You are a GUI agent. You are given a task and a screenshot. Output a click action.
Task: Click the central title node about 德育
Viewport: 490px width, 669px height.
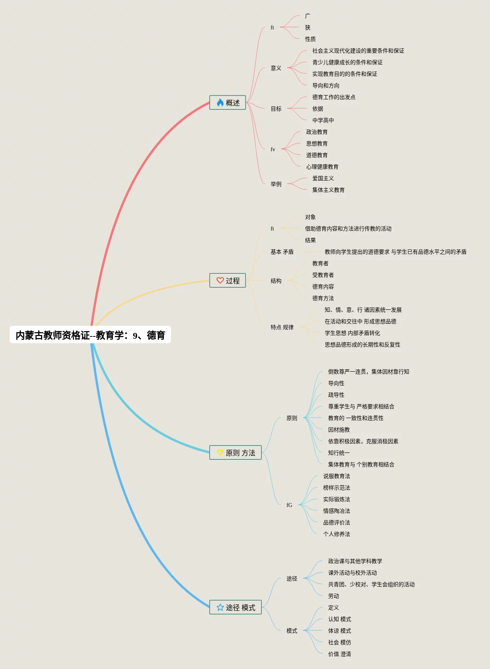click(90, 335)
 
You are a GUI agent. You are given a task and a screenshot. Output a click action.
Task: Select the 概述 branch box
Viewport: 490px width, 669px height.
click(227, 102)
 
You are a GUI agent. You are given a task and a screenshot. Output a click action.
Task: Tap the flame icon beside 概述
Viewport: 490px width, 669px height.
click(220, 102)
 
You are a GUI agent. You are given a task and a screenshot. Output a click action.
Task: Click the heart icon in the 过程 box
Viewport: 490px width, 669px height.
click(220, 280)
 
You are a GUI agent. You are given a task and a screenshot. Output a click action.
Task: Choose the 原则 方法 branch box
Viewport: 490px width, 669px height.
click(236, 452)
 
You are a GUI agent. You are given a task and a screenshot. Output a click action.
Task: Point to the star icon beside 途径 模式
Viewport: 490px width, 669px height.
click(220, 607)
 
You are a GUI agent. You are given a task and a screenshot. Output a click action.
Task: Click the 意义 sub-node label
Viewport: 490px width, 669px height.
click(276, 68)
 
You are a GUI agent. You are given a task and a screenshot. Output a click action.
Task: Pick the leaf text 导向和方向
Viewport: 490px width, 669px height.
click(326, 85)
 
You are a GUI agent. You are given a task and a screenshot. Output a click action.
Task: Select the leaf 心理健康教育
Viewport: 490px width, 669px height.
click(322, 167)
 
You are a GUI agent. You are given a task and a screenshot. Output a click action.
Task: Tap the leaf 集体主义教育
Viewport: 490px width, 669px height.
click(328, 190)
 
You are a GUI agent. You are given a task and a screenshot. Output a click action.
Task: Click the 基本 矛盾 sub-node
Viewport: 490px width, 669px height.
click(282, 252)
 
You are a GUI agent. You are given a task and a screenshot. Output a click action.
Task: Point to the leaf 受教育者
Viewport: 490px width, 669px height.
click(323, 275)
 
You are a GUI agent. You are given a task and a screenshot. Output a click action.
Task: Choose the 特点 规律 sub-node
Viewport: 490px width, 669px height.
click(282, 327)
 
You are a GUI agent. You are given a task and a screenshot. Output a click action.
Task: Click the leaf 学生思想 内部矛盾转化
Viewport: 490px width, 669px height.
click(352, 333)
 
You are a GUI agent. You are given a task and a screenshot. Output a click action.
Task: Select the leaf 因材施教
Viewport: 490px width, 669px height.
click(339, 430)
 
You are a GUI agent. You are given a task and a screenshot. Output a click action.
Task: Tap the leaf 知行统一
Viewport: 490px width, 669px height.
click(339, 453)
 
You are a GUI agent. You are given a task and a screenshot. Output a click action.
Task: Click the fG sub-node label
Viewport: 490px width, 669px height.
click(289, 505)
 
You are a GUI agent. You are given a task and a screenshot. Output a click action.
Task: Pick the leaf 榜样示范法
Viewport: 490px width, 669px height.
click(336, 488)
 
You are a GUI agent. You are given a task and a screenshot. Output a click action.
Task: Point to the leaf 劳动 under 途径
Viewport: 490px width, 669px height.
click(333, 596)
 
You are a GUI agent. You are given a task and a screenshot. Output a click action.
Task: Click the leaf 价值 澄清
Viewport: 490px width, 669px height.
click(339, 654)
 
